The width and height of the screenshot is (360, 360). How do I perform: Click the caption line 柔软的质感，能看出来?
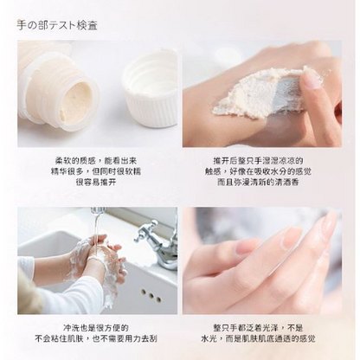point(97,161)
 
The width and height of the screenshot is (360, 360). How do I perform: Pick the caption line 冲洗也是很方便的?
point(97,328)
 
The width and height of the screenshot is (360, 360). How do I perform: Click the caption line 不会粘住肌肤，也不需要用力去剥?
point(97,340)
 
